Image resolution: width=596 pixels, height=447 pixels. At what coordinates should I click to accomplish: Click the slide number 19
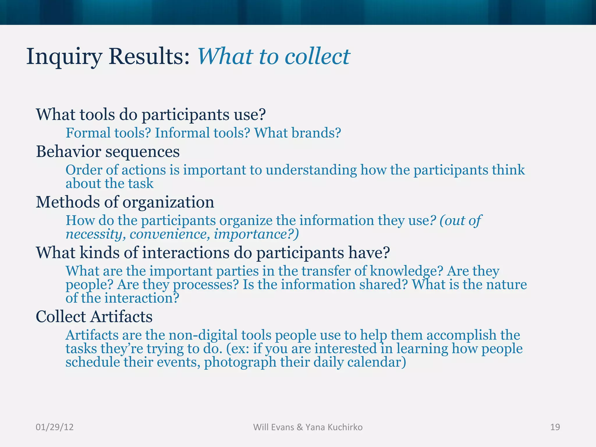(x=555, y=427)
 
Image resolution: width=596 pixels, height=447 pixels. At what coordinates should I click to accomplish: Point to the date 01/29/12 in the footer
(x=54, y=427)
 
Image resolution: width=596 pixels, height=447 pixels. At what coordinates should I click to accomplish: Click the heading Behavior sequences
(x=108, y=152)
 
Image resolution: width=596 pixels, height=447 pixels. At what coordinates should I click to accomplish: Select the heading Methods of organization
(x=125, y=202)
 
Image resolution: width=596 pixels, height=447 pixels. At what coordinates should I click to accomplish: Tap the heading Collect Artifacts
(x=94, y=317)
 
